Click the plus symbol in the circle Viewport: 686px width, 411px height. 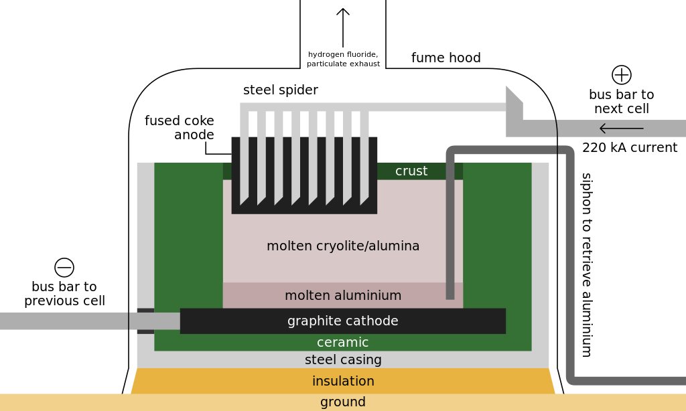[x=622, y=74]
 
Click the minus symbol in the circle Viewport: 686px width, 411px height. [x=64, y=267]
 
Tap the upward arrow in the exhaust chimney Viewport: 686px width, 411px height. [x=343, y=27]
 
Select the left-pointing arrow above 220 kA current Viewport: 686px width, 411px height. [x=621, y=129]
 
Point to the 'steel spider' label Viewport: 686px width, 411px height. [x=280, y=90]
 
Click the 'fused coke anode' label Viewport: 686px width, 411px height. [x=180, y=128]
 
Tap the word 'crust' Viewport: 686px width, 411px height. [x=411, y=171]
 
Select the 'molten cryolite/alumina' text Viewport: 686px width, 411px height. [x=343, y=246]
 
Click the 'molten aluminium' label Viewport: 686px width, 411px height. [x=343, y=295]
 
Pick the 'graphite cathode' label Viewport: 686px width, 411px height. [x=343, y=321]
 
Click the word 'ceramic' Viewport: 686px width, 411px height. [x=343, y=342]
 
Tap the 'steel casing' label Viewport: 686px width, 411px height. [x=343, y=359]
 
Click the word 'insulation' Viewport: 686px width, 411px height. [x=343, y=382]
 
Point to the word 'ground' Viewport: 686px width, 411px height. [x=343, y=402]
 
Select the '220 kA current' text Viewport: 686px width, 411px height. [x=630, y=148]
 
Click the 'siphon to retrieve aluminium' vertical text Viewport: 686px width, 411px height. [x=587, y=264]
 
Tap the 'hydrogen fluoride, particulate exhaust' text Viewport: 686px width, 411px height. [x=343, y=59]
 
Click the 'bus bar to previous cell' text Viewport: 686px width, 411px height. [x=64, y=293]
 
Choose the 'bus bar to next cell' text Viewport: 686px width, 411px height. [x=621, y=101]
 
